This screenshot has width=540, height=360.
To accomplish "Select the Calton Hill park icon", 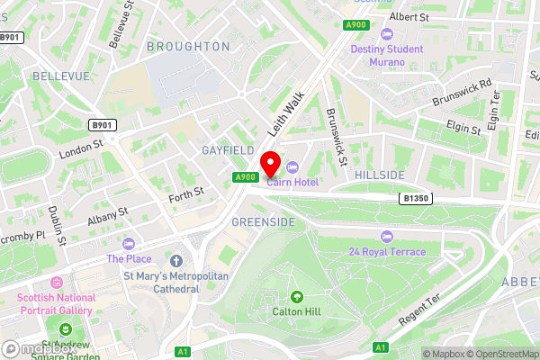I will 297,296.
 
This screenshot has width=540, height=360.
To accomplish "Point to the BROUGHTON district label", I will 188,46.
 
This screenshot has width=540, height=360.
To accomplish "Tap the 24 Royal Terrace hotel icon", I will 387,237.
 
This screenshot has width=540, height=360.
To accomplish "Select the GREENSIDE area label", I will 264,220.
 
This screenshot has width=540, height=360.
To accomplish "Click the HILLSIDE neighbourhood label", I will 379,174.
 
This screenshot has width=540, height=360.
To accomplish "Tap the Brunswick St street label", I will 337,138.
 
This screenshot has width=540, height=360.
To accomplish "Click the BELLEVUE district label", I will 59,77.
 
